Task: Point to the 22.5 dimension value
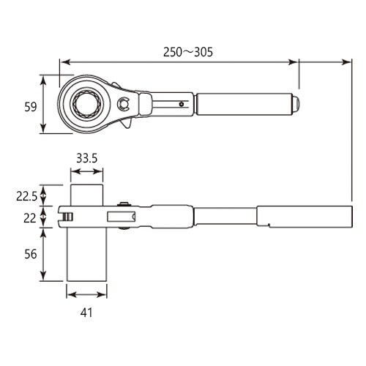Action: click(x=26, y=195)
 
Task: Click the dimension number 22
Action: click(x=30, y=217)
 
